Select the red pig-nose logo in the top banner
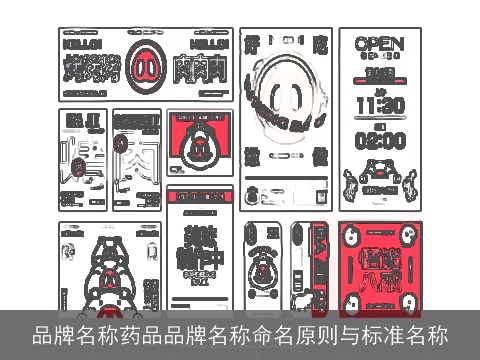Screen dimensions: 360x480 (146, 67)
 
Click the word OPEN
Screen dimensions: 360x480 (379, 44)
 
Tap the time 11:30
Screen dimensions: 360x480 (379, 104)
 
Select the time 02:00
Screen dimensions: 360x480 (379, 140)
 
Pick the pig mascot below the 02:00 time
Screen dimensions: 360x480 (379, 180)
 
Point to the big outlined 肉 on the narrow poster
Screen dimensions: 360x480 (136, 160)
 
